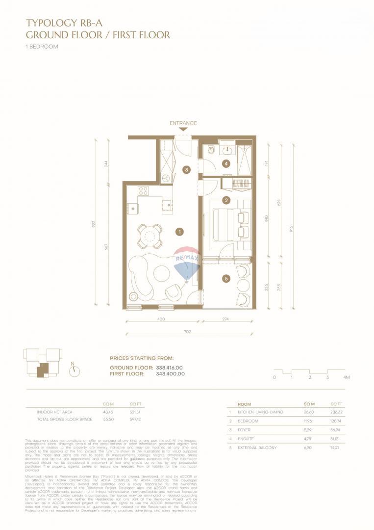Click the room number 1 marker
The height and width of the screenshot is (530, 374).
(x=180, y=231)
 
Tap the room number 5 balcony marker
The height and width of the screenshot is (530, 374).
(x=226, y=279)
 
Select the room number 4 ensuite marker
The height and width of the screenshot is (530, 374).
(x=226, y=164)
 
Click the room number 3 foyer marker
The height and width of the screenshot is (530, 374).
(x=186, y=170)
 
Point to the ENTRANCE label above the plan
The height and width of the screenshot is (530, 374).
(x=183, y=123)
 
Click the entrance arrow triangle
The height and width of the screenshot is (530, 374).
(x=183, y=129)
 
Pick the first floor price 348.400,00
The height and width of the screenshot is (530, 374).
(x=168, y=373)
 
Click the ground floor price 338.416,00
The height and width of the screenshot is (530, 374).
(x=168, y=367)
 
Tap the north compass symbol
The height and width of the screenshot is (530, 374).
(x=75, y=371)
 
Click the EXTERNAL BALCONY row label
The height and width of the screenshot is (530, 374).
(x=257, y=448)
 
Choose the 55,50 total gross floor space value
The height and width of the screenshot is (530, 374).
(x=108, y=420)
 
